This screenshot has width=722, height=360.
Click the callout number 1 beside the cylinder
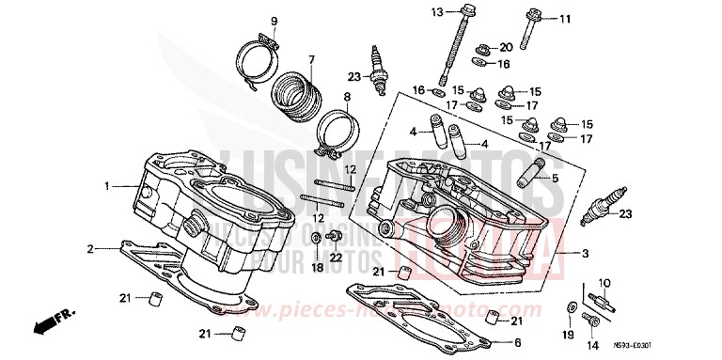tap(107, 185)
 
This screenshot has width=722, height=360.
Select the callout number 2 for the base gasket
tap(90, 249)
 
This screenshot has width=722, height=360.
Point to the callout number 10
tap(604, 282)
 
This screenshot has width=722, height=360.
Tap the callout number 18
tap(317, 268)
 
